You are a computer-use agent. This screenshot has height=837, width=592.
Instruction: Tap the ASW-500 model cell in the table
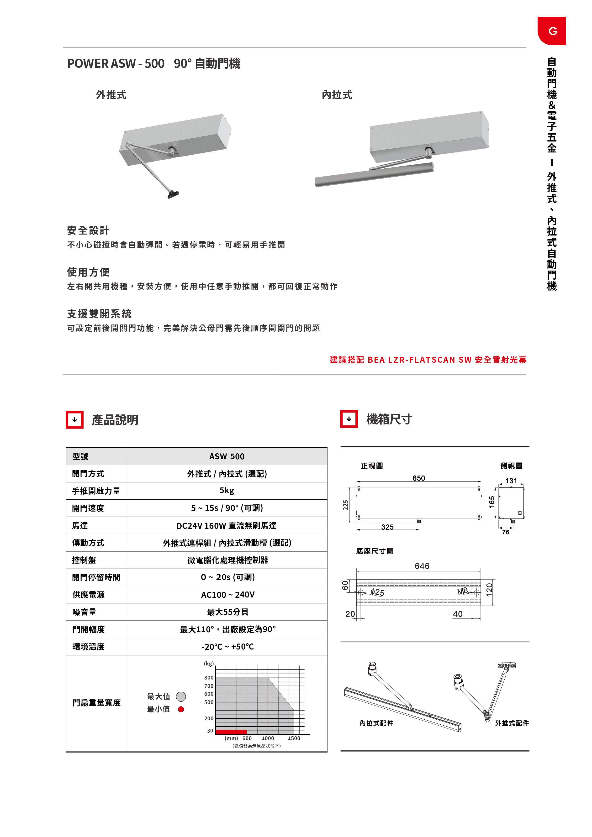pyautogui.click(x=227, y=456)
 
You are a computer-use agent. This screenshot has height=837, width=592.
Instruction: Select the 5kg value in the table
pyautogui.click(x=227, y=490)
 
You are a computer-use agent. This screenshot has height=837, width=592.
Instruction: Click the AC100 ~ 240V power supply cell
pyautogui.click(x=227, y=595)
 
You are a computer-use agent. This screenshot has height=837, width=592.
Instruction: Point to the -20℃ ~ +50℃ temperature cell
pyautogui.click(x=227, y=647)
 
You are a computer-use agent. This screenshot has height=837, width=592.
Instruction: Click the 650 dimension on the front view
pyautogui.click(x=418, y=478)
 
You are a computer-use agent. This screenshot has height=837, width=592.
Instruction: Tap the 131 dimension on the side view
pyautogui.click(x=511, y=481)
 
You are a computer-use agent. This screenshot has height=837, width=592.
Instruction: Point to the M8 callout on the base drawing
pyautogui.click(x=463, y=591)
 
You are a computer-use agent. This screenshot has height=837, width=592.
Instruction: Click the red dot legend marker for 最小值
pyautogui.click(x=181, y=709)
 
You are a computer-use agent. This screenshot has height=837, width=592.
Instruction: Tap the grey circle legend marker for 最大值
pyautogui.click(x=181, y=697)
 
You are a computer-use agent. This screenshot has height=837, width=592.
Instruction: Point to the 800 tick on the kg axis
pyautogui.click(x=209, y=678)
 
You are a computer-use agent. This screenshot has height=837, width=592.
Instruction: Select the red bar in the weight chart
pyautogui.click(x=231, y=732)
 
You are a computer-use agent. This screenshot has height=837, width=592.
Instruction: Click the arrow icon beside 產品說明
pyautogui.click(x=75, y=420)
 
